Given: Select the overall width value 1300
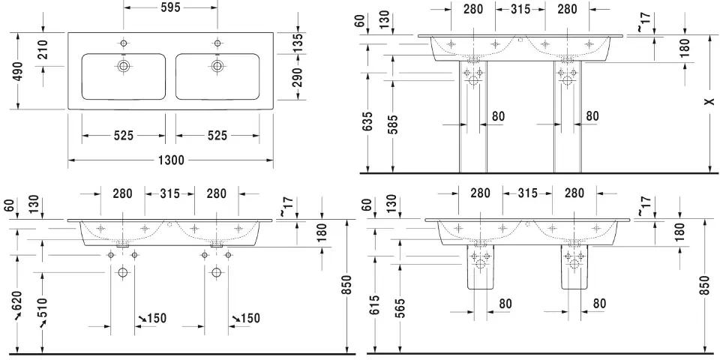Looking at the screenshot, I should coord(171,160).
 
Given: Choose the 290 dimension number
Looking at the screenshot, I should coord(297,78).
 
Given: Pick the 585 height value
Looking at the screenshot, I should coord(393,122).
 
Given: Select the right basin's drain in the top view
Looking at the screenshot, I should coord(217,66).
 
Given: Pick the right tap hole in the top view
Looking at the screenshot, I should coord(217,41).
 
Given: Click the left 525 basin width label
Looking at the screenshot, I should coord(124,136).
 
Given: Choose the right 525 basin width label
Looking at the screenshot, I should coord(217,136).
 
